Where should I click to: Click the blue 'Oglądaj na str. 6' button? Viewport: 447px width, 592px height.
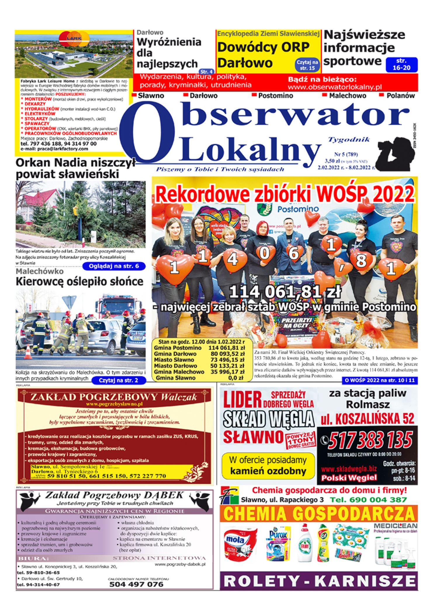coord(114,266)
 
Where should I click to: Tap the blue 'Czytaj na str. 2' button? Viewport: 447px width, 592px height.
coord(118,380)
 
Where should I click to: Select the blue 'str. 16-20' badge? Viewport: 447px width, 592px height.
coord(401,65)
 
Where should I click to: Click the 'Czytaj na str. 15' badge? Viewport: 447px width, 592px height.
coord(307,65)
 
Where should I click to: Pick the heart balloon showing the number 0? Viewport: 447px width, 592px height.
coord(264,253)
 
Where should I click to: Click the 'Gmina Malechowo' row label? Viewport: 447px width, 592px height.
coord(179,372)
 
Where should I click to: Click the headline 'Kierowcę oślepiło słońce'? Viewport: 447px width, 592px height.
coord(79,282)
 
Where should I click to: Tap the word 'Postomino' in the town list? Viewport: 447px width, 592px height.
coord(275,96)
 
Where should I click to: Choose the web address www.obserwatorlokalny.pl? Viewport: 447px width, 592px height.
coord(335,87)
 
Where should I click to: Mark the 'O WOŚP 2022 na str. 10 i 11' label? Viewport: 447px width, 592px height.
coord(380,381)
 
